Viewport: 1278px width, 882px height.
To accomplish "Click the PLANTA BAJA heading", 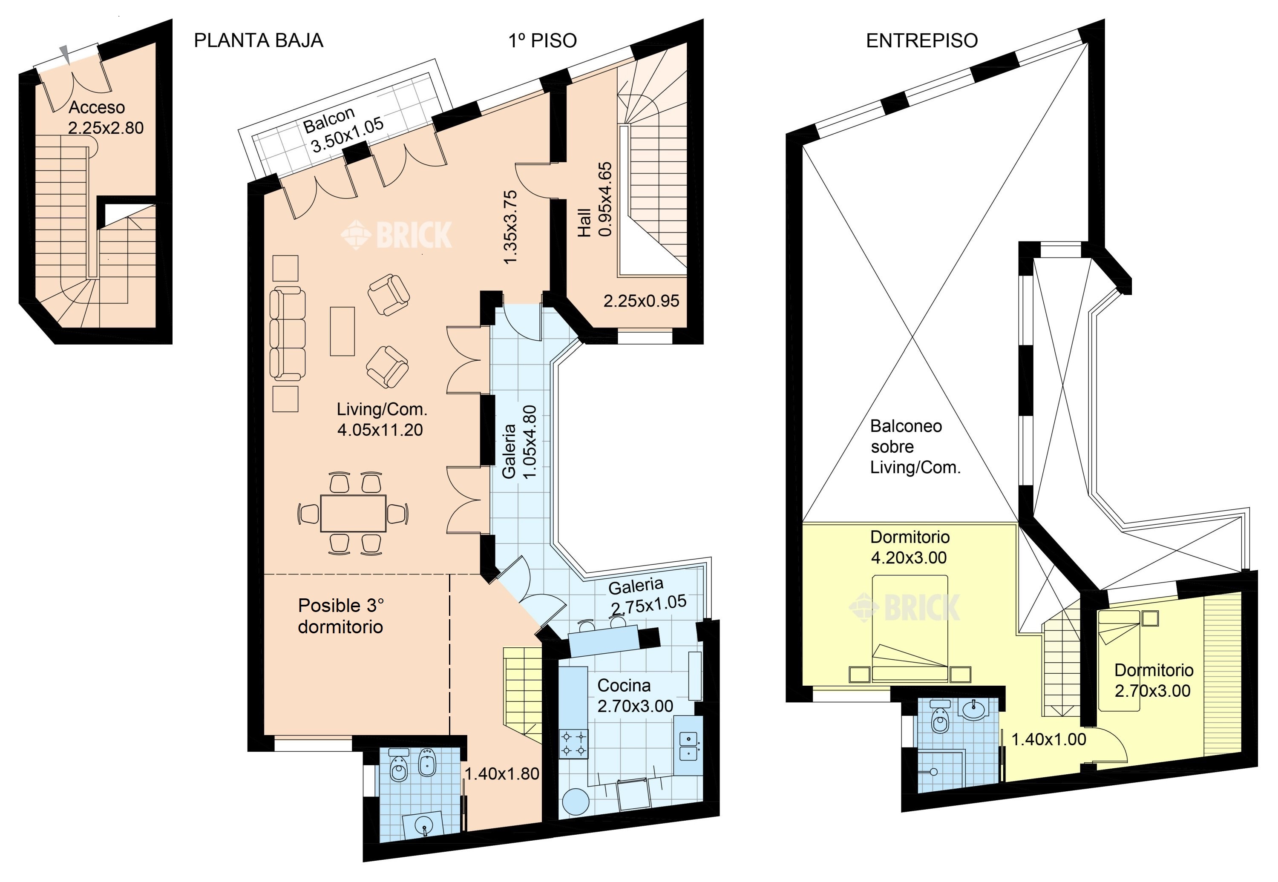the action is [258, 40].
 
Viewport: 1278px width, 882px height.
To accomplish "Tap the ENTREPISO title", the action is [921, 40].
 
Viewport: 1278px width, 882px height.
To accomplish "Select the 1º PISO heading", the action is [542, 40].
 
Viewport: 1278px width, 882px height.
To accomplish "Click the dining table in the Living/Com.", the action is [353, 513].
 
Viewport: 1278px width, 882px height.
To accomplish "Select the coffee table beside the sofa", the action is [342, 331].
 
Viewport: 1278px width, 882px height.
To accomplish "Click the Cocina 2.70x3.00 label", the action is [635, 695].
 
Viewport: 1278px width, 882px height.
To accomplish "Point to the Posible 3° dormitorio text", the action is [340, 616].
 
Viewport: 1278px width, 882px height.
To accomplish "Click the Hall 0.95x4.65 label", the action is [595, 199].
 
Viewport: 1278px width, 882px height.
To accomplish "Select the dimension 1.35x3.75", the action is [510, 227].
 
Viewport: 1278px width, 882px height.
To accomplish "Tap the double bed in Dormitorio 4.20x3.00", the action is [910, 628].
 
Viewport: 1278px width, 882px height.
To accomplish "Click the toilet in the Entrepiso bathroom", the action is [939, 717].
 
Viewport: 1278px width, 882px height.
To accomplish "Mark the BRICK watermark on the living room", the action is [396, 235].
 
